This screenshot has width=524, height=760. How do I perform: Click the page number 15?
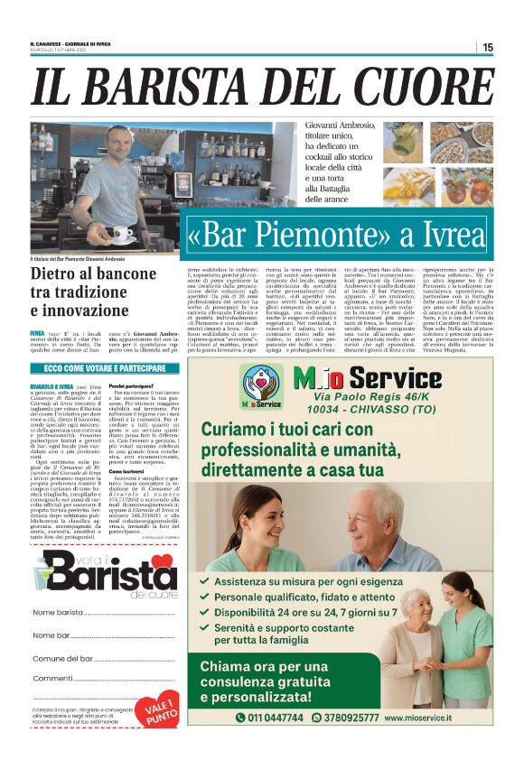488,46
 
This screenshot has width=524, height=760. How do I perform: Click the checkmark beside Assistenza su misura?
209,583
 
